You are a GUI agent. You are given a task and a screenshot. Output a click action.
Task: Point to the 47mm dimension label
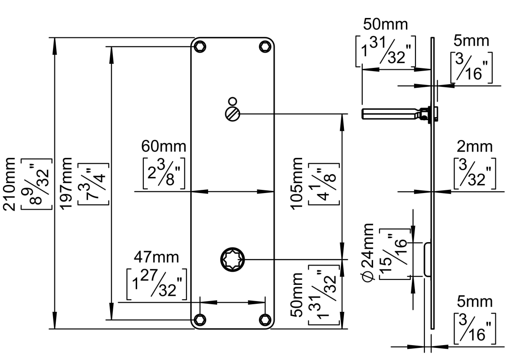click(x=156, y=257)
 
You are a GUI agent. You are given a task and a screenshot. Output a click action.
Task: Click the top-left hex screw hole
click(x=200, y=46)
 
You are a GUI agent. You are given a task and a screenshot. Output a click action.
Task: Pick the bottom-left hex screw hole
click(x=200, y=319)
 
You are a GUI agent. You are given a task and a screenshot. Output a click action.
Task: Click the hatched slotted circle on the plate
click(x=232, y=113)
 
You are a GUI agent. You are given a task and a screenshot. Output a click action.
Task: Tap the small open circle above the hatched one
click(x=232, y=101)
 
